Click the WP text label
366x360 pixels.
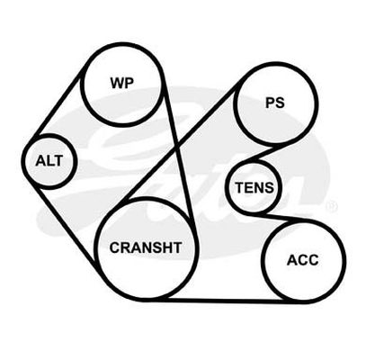click(122, 83)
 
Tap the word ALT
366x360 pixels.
click(49, 161)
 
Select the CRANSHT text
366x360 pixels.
click(146, 247)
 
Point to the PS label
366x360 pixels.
click(275, 103)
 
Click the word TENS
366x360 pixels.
click(254, 188)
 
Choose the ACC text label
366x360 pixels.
click(303, 260)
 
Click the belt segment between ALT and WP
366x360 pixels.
click(57, 105)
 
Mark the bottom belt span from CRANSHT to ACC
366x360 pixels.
click(225, 300)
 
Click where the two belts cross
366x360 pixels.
click(178, 146)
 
